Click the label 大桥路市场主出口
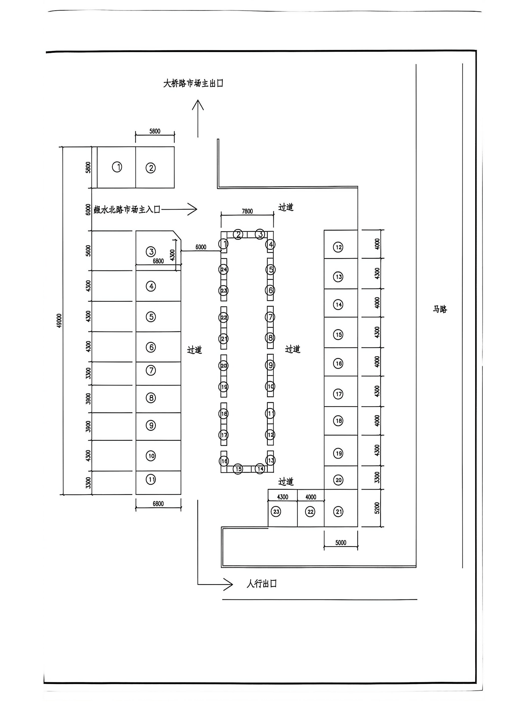(x=193, y=84)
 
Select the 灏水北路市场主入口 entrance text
(x=127, y=209)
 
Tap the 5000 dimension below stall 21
(x=341, y=542)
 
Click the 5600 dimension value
(x=88, y=250)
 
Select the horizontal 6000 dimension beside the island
(x=201, y=247)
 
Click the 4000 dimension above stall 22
(x=311, y=497)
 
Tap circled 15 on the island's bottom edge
(x=238, y=469)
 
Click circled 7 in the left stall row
(x=151, y=370)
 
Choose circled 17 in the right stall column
(x=338, y=394)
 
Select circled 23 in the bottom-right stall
(x=276, y=512)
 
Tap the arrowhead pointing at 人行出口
(x=229, y=584)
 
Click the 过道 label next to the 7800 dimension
(x=286, y=207)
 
